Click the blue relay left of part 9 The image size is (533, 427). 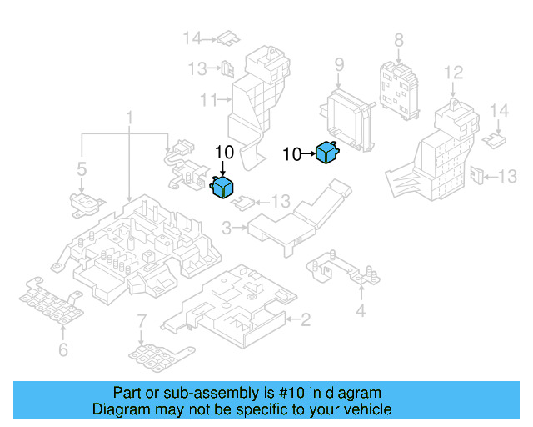[327, 153]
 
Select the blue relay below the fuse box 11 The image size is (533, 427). [222, 187]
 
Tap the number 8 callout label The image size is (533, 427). [399, 40]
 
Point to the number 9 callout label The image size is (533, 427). [339, 65]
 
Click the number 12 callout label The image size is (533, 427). [453, 73]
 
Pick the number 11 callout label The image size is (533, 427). [208, 100]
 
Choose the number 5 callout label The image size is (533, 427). [82, 169]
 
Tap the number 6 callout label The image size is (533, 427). [63, 349]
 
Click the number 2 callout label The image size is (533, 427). [306, 319]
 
